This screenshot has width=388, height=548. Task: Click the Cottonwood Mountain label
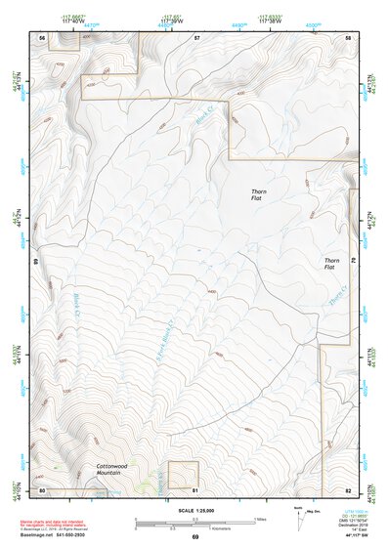[x=119, y=470]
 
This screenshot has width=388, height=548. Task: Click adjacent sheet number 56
[x=42, y=37]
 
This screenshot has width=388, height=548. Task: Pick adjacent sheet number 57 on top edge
[x=196, y=37]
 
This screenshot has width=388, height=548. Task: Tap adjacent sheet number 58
[x=348, y=37]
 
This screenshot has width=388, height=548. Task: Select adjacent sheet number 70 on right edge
[x=354, y=262]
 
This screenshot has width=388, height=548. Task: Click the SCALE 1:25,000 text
[x=194, y=510]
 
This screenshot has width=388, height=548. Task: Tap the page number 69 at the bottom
[x=194, y=537]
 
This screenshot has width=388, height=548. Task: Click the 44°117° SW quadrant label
[x=347, y=536]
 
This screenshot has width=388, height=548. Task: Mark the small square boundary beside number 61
[x=184, y=475]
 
